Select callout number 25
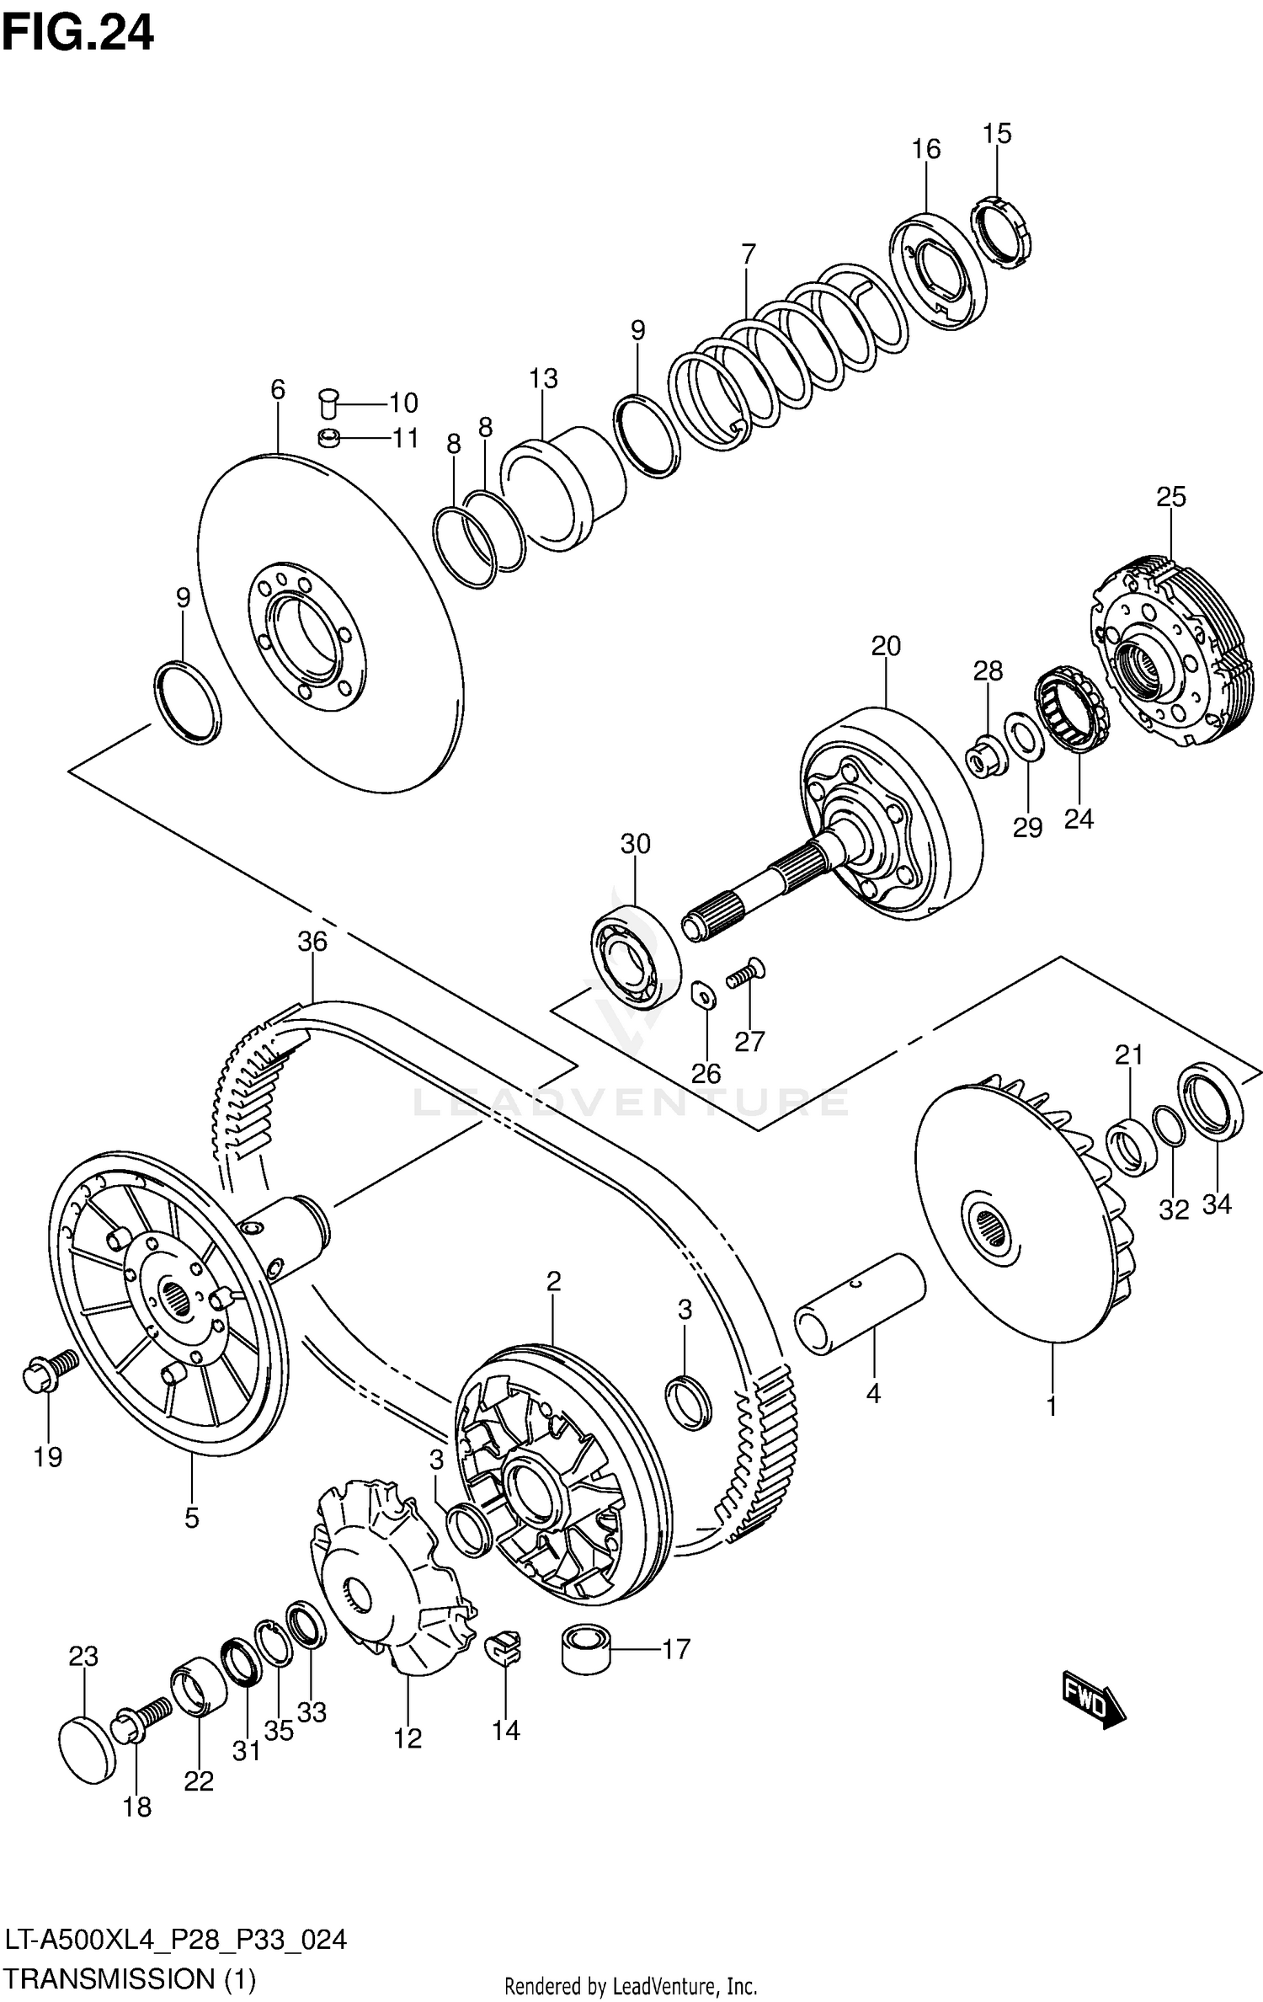(1170, 497)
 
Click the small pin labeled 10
(328, 402)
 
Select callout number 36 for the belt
(312, 941)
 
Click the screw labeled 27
(744, 975)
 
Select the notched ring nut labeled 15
(1003, 232)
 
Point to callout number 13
(544, 379)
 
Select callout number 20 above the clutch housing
(886, 646)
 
